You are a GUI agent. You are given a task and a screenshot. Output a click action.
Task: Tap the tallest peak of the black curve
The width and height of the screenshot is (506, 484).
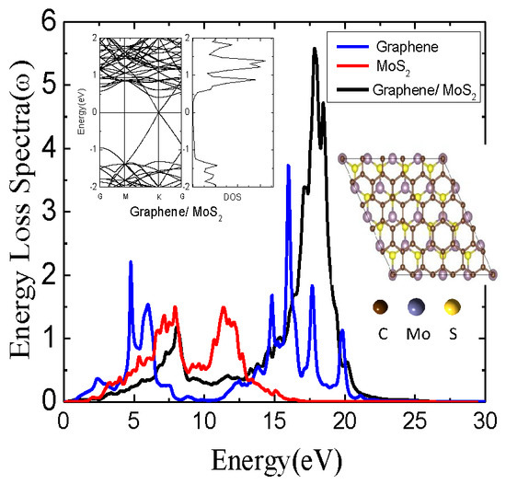[x=316, y=50]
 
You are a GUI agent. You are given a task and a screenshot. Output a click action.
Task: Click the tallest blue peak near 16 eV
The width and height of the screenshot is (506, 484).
[x=288, y=166]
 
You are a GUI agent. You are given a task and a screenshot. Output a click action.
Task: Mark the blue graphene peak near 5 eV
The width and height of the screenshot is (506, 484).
[x=131, y=262]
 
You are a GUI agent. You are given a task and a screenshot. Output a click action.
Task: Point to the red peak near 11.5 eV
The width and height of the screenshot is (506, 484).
[x=224, y=309]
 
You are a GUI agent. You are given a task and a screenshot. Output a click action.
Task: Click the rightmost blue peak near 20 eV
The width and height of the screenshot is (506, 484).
[x=342, y=330]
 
